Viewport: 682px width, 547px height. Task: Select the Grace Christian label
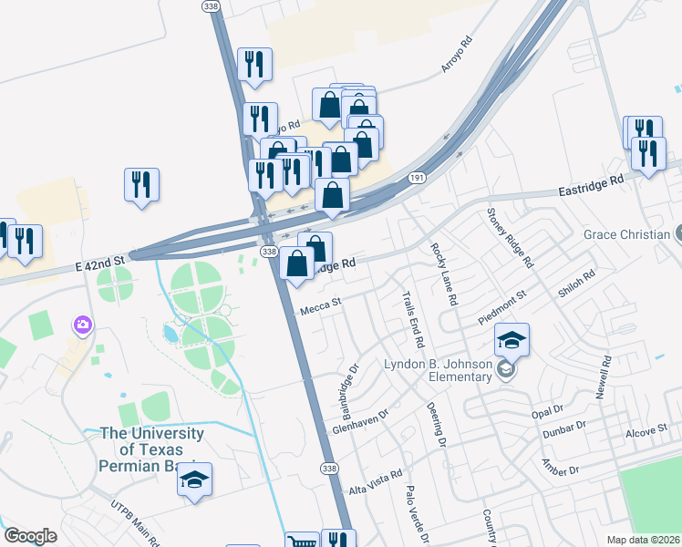(626, 234)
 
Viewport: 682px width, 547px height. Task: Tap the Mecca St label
(320, 306)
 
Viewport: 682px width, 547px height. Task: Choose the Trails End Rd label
(414, 319)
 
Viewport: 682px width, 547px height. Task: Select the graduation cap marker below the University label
(194, 480)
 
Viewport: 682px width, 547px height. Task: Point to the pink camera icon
(83, 325)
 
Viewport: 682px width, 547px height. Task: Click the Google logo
(30, 536)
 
